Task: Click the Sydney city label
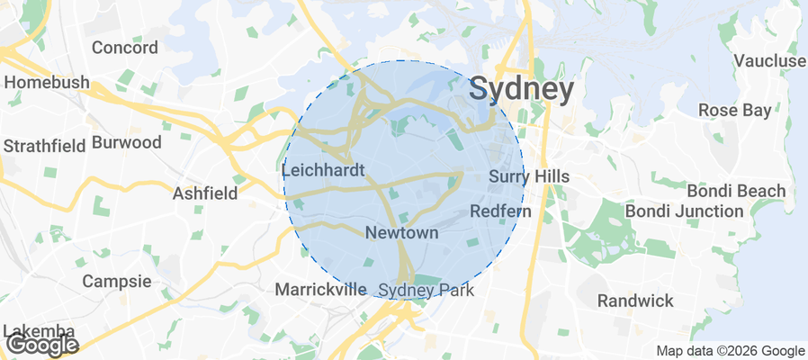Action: (x=522, y=90)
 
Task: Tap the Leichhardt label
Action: (x=322, y=169)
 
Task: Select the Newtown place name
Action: (x=401, y=233)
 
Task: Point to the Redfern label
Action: (x=501, y=211)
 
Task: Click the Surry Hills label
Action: (x=529, y=176)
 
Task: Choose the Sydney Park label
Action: (x=426, y=290)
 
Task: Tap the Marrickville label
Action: (x=320, y=290)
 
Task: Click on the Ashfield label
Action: (x=205, y=193)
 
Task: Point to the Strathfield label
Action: (x=44, y=145)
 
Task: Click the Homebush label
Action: (x=47, y=83)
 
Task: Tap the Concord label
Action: (x=124, y=48)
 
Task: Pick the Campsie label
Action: (x=116, y=281)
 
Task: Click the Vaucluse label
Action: (x=769, y=60)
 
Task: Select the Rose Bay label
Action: (x=735, y=111)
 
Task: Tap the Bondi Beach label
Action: (x=736, y=191)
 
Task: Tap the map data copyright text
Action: (x=730, y=351)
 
